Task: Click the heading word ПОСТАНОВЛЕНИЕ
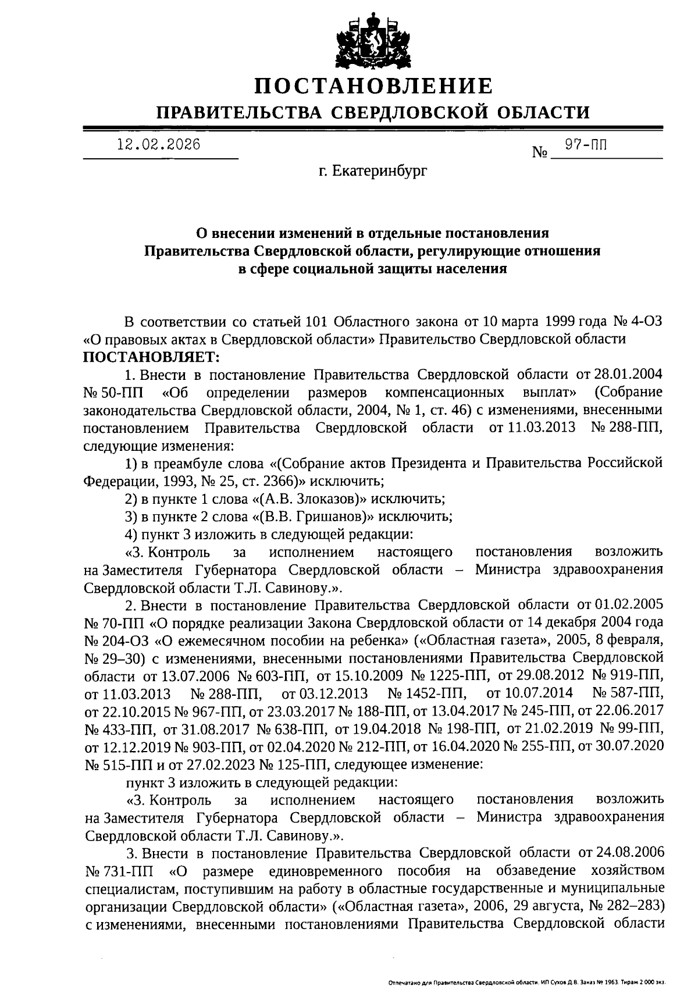coord(375,86)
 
